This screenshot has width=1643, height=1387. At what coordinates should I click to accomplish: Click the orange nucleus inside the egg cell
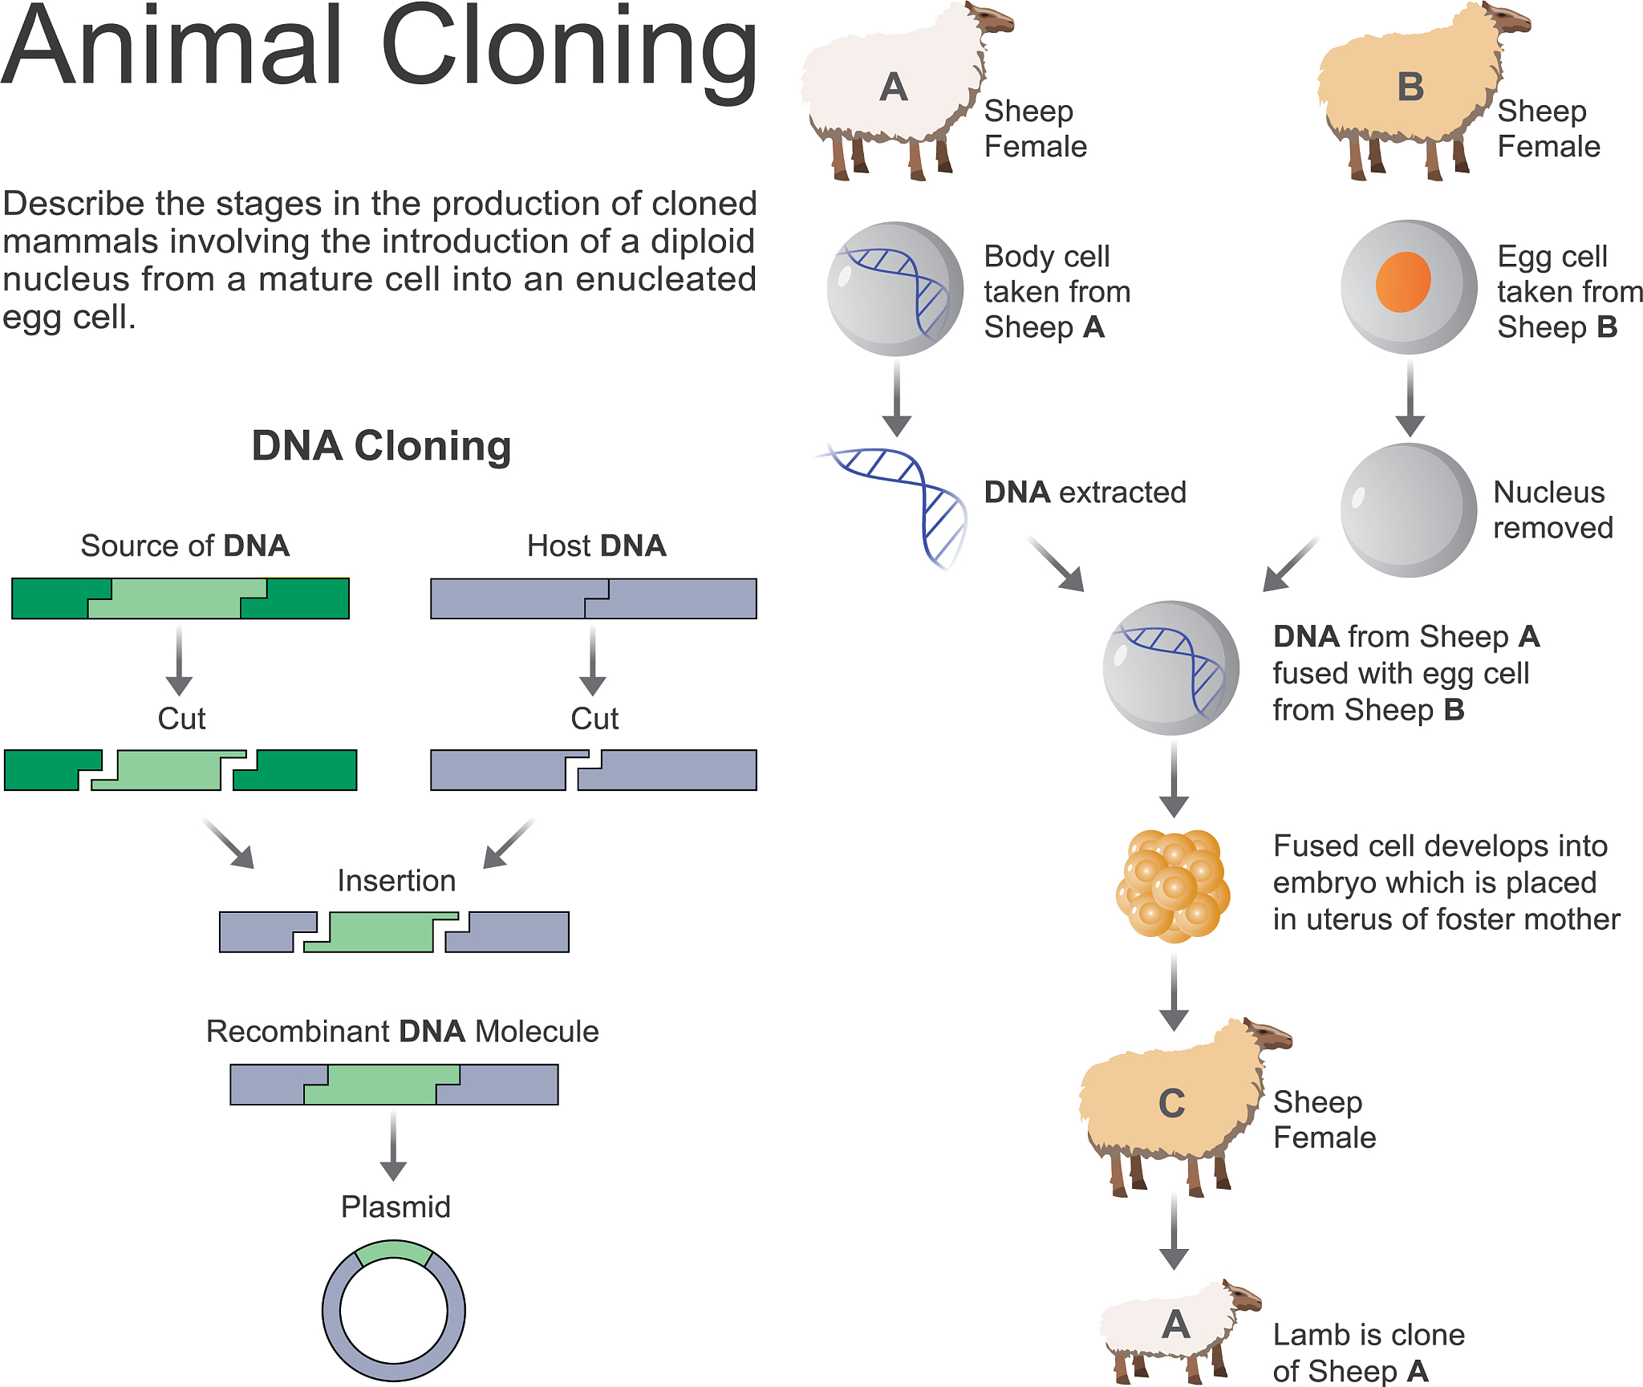pos(1402,282)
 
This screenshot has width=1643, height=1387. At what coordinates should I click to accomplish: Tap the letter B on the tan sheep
pos(1410,87)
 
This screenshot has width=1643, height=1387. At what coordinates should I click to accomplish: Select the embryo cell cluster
pos(1173,886)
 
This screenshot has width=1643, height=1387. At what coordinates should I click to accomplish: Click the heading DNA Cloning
pos(381,446)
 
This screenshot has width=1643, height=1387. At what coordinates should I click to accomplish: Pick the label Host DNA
pos(596,545)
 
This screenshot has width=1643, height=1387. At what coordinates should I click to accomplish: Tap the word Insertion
pos(396,881)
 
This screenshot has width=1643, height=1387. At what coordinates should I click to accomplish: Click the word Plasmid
pos(396,1207)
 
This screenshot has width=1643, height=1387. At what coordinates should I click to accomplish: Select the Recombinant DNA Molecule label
pos(402,1031)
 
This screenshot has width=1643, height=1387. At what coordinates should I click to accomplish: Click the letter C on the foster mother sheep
pos(1171,1104)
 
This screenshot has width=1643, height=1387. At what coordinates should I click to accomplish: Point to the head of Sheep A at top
pos(992,18)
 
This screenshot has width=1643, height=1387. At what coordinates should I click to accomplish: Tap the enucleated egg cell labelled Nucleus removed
pos(1408,510)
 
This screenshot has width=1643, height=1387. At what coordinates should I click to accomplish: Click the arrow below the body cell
pos(896,397)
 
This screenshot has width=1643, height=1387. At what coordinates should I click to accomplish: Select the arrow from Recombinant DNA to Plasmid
pos(393,1146)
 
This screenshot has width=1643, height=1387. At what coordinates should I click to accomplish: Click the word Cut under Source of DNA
pos(181,719)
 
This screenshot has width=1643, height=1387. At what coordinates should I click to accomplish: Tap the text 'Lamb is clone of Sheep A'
pos(1368,1353)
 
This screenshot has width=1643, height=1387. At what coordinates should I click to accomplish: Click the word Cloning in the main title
pos(569,48)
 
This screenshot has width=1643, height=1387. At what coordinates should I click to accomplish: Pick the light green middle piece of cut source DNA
pos(168,770)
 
